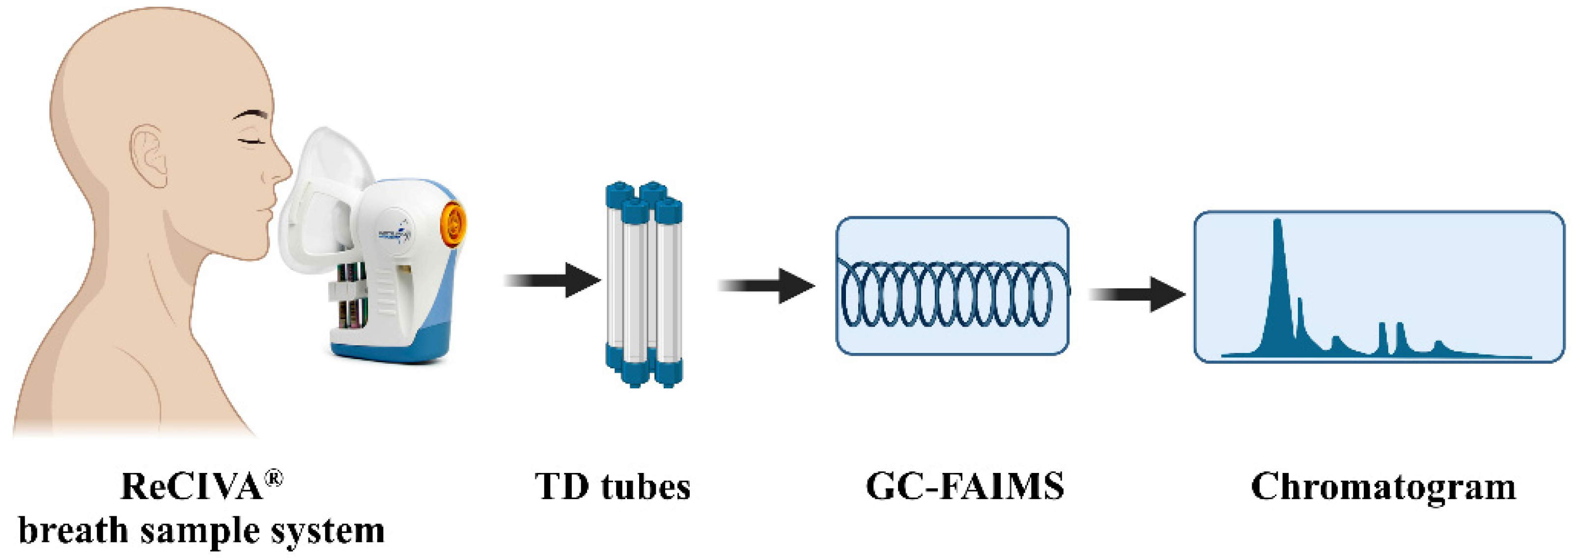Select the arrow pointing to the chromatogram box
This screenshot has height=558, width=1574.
tap(1136, 294)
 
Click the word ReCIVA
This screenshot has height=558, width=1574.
tap(193, 487)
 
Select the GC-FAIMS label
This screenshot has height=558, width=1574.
tap(965, 487)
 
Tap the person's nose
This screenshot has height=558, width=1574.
tap(282, 168)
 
